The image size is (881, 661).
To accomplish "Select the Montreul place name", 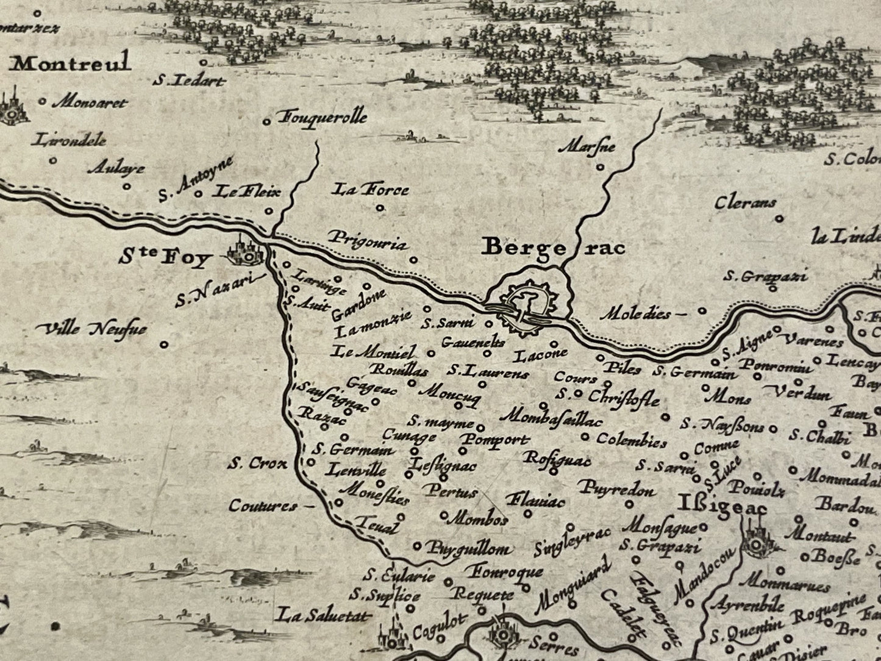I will [72, 63].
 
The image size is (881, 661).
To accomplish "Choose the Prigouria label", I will [367, 241].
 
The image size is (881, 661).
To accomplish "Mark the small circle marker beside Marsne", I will [599, 166].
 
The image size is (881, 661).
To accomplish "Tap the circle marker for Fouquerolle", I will [266, 122].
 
